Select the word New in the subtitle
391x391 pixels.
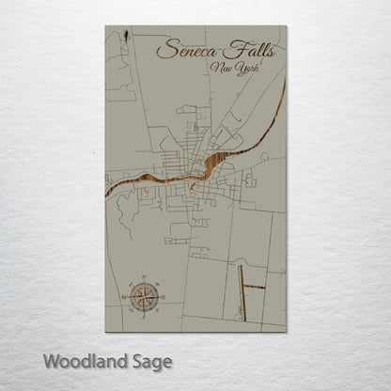pos(225,69)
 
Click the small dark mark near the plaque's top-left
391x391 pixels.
pos(125,39)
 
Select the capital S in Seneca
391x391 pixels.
pos(166,48)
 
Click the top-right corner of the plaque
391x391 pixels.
pos(286,26)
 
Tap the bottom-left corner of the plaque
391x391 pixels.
pos(105,332)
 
